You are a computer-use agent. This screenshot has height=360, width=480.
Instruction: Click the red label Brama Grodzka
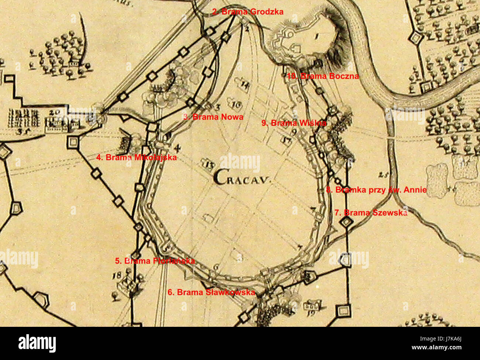[x=248, y=12]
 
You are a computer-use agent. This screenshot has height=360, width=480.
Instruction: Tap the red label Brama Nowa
[x=213, y=117]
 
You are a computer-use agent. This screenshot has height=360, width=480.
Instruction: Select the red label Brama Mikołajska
[x=136, y=157]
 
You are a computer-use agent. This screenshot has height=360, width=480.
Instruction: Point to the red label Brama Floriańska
[x=155, y=261]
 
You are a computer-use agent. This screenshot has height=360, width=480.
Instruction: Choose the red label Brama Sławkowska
[x=211, y=292]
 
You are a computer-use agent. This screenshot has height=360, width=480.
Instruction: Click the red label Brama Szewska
[x=371, y=213]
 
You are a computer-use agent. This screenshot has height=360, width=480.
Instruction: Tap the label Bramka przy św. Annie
[x=376, y=190]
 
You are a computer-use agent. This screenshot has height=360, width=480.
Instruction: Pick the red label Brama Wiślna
[x=294, y=123]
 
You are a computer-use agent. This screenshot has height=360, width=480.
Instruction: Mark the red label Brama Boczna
[x=323, y=76]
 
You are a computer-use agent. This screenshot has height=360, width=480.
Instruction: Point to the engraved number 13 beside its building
[x=209, y=165]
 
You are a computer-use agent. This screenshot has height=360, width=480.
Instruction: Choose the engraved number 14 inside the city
[x=245, y=84]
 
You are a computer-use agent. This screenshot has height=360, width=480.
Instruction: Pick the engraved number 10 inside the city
[x=237, y=105]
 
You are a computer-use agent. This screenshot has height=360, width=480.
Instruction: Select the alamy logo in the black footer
[x=37, y=343]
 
